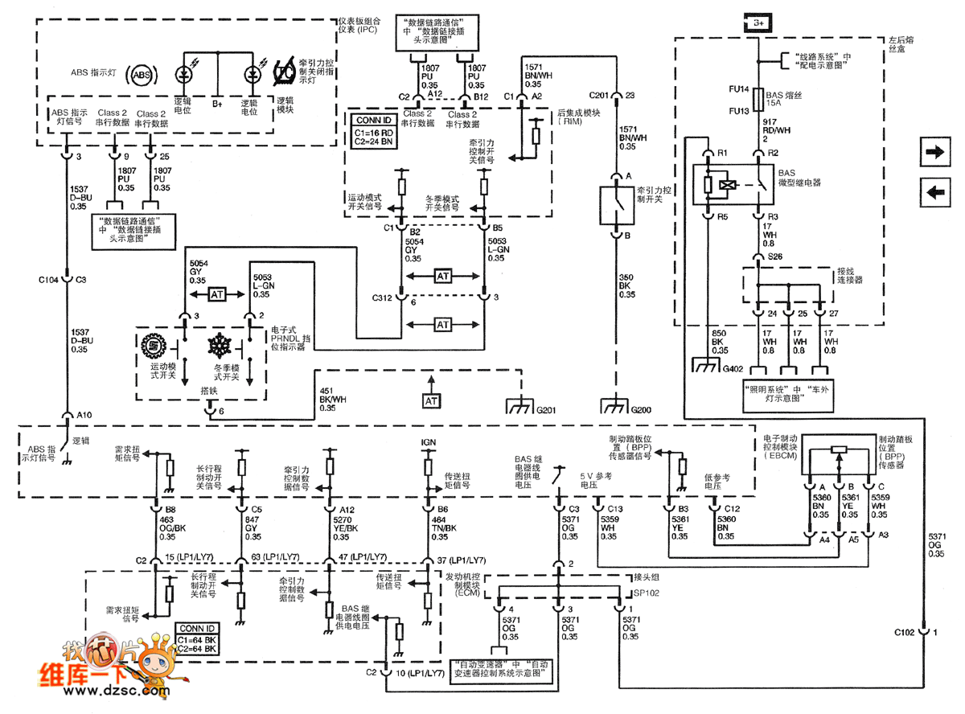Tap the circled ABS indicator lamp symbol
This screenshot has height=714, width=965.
(x=142, y=75)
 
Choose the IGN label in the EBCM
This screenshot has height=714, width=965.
(x=428, y=442)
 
